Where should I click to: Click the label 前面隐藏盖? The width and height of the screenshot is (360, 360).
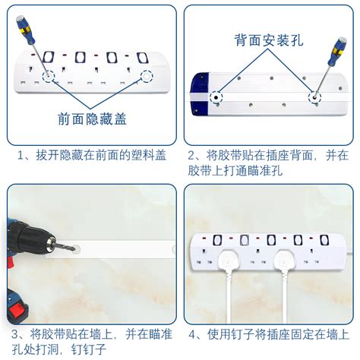point(92,119)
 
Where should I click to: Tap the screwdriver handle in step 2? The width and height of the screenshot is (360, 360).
point(335,52)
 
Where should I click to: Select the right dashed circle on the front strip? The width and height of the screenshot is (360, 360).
point(147,77)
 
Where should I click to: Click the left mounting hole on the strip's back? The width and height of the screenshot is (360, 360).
point(217,98)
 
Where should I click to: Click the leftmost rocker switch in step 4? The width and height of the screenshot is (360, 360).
point(222,240)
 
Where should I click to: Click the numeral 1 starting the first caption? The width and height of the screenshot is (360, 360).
point(23,156)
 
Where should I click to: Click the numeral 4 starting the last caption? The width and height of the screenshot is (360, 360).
point(193,333)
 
